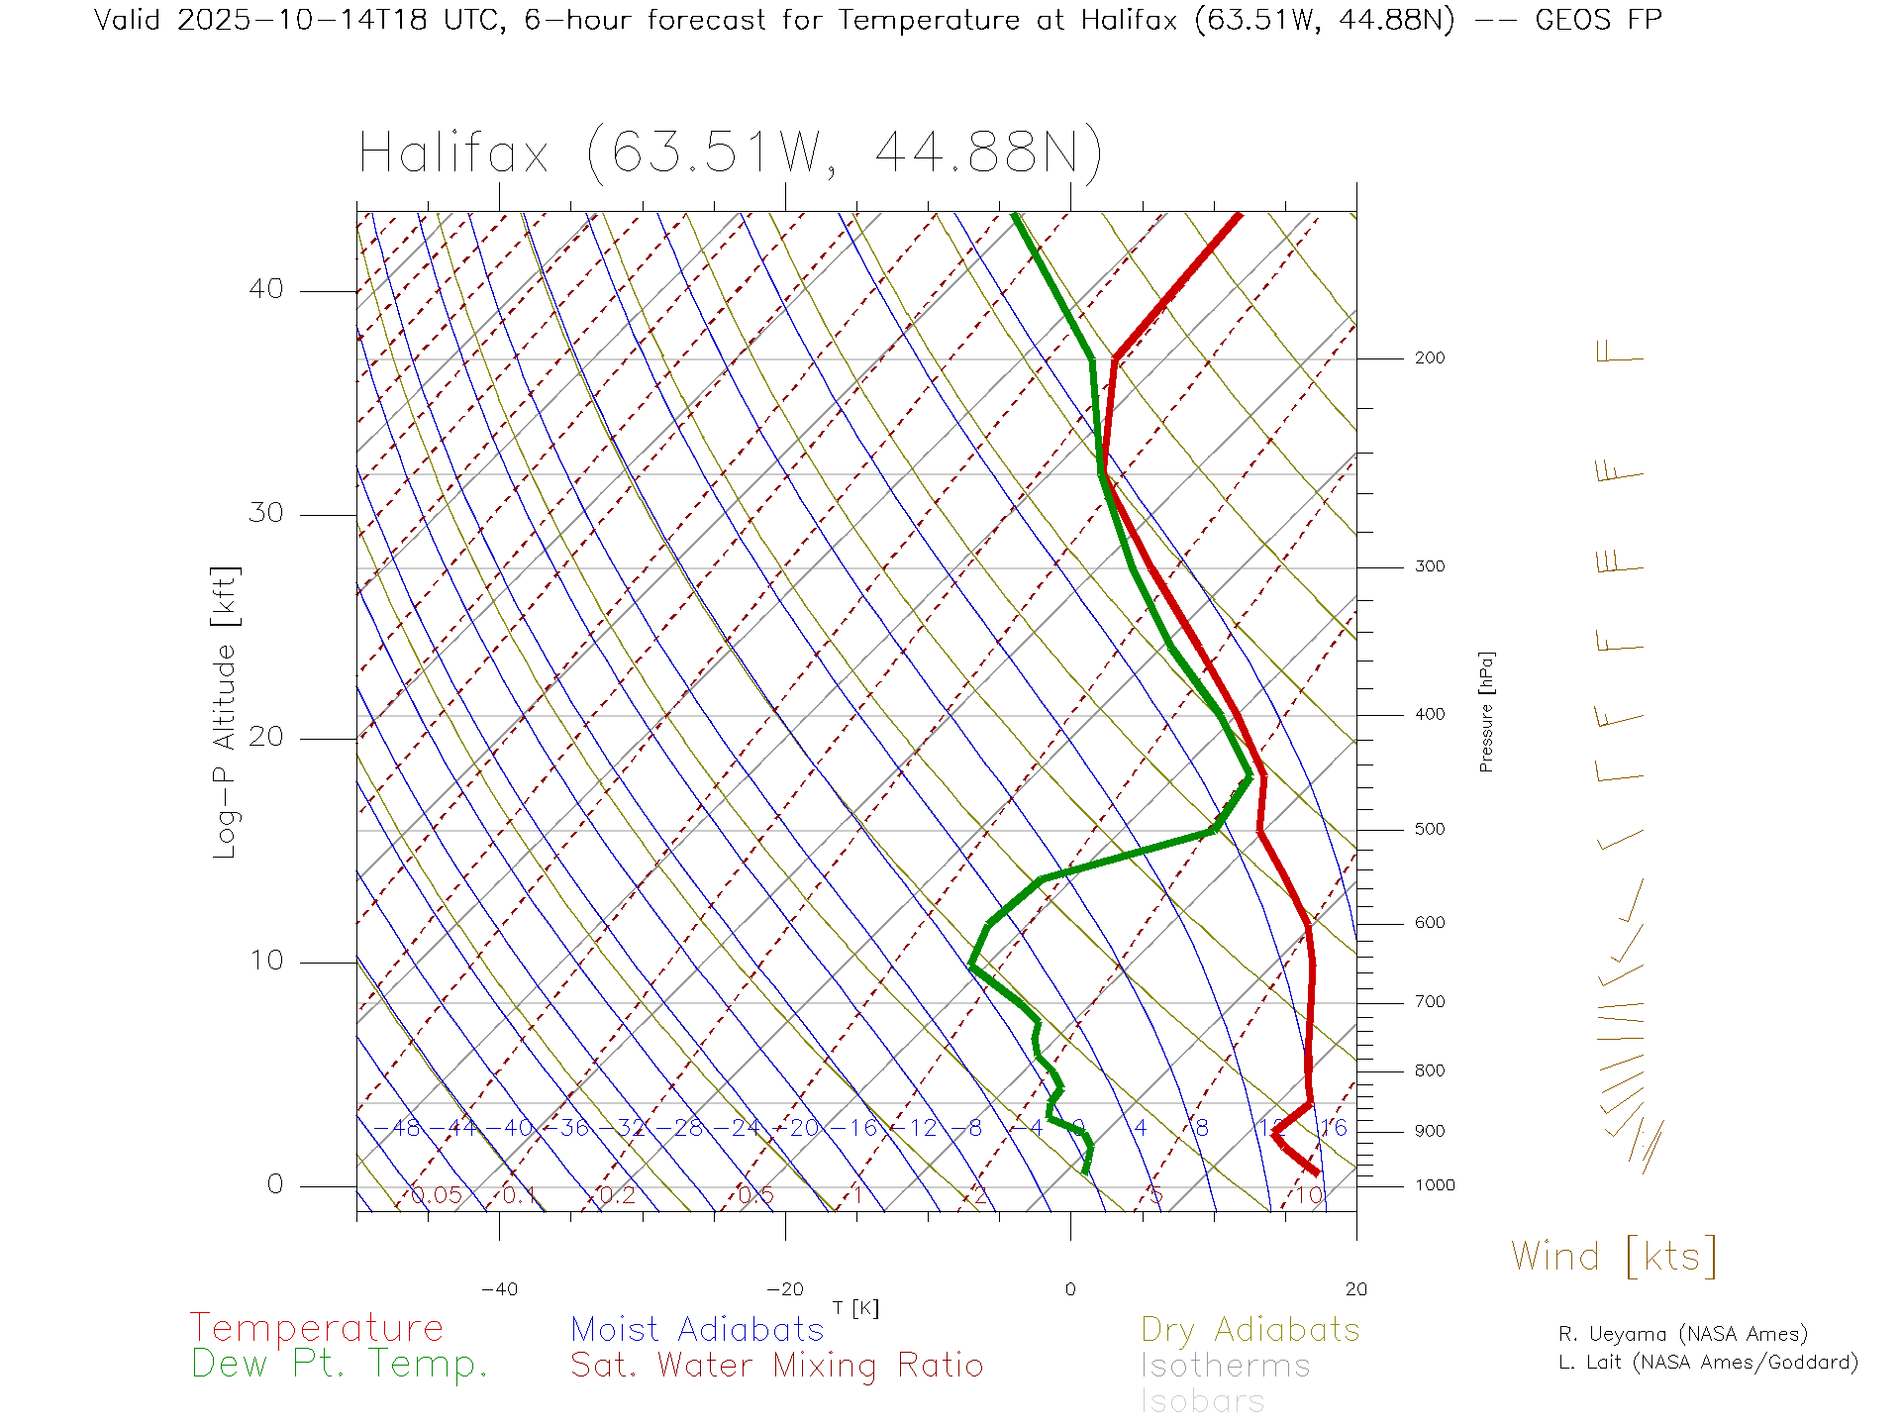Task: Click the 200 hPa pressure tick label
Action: click(1429, 358)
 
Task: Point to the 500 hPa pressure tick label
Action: click(1429, 830)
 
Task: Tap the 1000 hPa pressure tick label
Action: click(1435, 1185)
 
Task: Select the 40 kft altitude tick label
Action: click(265, 289)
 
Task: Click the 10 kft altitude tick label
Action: click(265, 961)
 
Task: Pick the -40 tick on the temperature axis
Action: click(499, 1289)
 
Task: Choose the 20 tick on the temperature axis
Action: click(1355, 1289)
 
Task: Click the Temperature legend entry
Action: click(316, 1328)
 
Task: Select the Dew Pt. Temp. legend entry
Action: click(340, 1365)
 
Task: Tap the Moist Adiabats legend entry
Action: click(697, 1330)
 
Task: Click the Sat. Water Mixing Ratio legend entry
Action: click(776, 1366)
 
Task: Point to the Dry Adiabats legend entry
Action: click(1250, 1330)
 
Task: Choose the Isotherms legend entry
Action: click(1225, 1366)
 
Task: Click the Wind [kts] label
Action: click(1614, 1256)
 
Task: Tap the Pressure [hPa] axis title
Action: click(1486, 712)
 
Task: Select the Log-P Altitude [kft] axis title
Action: click(226, 713)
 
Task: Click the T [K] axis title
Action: click(855, 1309)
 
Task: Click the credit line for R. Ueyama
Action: click(1682, 1334)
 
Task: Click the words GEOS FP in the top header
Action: click(1598, 20)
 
